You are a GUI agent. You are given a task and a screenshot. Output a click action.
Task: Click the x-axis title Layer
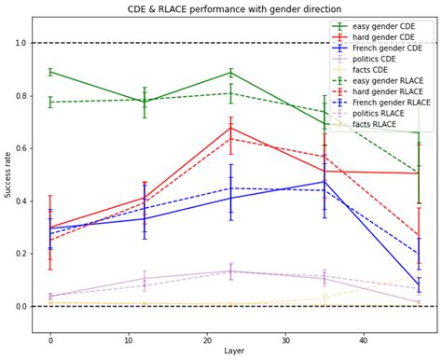pos(233,352)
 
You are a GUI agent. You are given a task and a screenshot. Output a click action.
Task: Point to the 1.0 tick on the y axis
pos(21,43)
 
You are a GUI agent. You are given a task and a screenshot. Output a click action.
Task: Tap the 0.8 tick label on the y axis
pos(21,95)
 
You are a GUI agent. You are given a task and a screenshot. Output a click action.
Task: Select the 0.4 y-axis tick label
pos(21,201)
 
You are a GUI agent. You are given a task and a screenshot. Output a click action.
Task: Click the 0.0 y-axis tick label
pos(21,306)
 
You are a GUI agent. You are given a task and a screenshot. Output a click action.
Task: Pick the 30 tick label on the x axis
pos(284,340)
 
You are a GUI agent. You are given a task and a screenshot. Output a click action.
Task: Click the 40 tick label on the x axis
pos(363,340)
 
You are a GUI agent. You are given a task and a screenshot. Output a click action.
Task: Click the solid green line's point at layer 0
pos(50,72)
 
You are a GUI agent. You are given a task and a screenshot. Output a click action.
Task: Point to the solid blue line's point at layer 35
pos(325,182)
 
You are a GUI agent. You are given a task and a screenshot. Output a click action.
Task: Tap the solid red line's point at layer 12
pos(145,198)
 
